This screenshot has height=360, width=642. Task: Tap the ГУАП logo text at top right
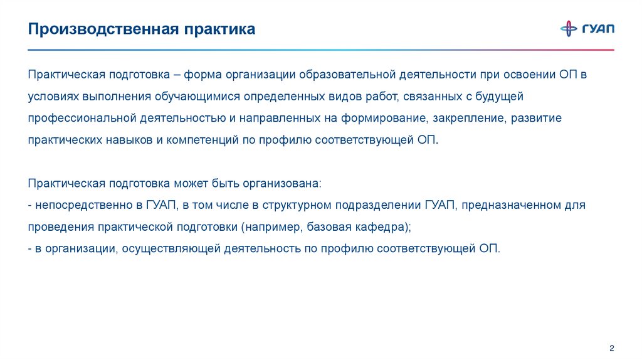click(598, 29)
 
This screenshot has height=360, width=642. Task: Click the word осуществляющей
click(168, 248)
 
